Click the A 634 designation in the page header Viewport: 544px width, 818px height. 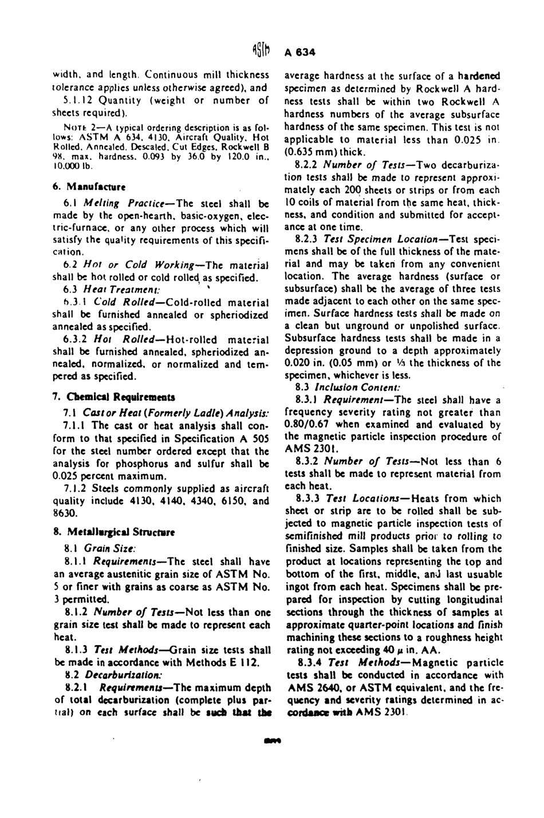pos(300,52)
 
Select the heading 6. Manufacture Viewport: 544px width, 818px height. pos(89,187)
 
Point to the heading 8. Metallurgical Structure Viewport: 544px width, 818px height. pos(113,532)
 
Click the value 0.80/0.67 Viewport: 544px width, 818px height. pos(311,424)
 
